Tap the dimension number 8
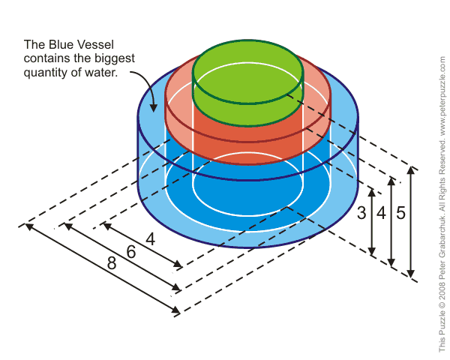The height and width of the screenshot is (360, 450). point(112,265)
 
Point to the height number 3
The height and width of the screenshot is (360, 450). point(361,213)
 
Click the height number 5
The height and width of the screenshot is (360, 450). point(401,213)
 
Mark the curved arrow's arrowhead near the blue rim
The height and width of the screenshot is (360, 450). point(153,104)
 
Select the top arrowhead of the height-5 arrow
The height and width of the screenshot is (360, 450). point(410,168)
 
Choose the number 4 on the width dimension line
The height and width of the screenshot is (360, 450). point(150,240)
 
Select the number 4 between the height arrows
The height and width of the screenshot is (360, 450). point(381,213)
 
